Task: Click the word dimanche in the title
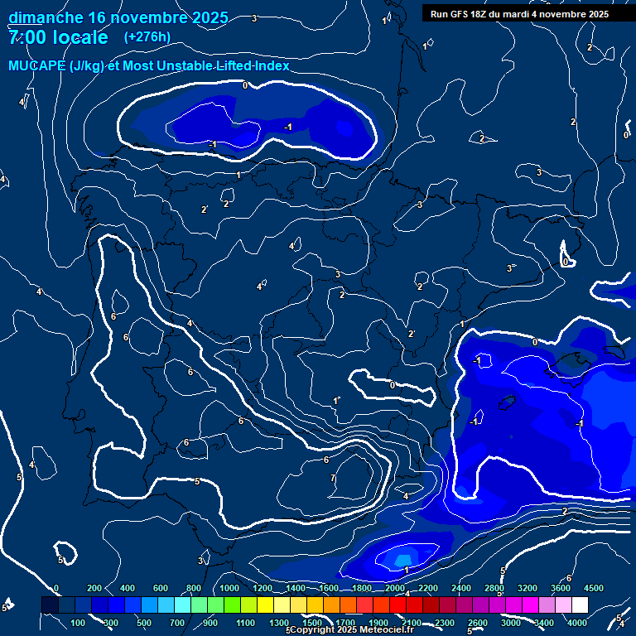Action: coord(45,17)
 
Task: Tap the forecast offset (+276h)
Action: coord(147,37)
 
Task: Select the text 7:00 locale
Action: coord(58,38)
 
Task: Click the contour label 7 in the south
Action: coord(333,478)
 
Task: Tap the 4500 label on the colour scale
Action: coord(594,588)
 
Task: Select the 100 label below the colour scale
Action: coord(79,623)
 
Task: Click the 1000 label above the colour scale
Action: coord(229,588)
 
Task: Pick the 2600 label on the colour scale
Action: coord(478,623)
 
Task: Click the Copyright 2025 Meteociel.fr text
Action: coord(351,630)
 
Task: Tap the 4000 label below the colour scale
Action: coord(577,623)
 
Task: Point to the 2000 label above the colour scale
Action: coord(395,588)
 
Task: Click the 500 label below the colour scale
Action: coord(145,623)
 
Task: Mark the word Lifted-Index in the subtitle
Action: coord(249,65)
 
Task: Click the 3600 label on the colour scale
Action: coord(561,588)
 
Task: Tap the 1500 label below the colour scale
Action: coord(312,623)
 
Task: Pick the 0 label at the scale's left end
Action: coord(56,588)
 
